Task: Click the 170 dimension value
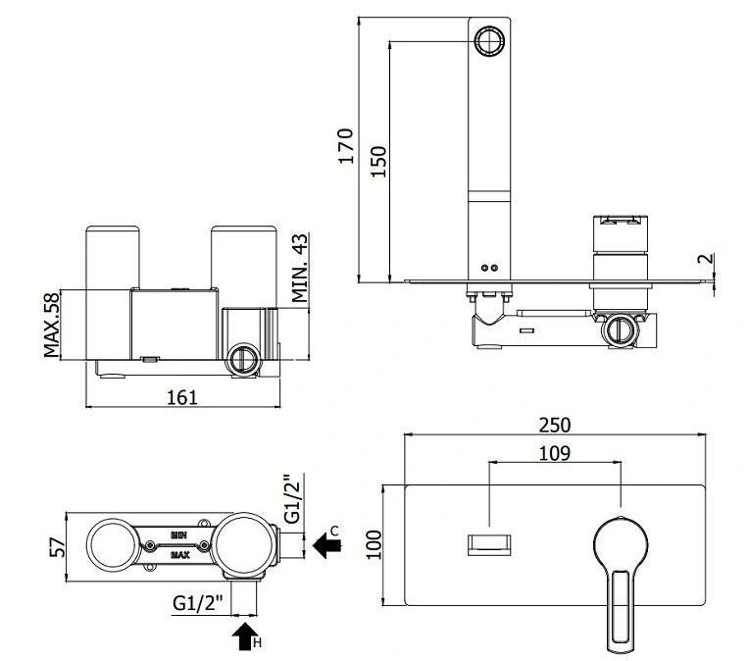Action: pos(346,146)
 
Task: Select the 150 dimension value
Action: pos(378,162)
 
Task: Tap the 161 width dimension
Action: pos(182,397)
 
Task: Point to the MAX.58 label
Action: pos(52,325)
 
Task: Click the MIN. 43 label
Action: pos(300,268)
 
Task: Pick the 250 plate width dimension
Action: pos(555,425)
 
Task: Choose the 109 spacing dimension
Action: pos(555,453)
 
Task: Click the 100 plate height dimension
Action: pos(374,545)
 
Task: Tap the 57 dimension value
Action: pos(57,547)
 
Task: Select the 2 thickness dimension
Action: pos(706,259)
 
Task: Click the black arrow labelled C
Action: pos(327,545)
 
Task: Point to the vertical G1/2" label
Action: pos(292,498)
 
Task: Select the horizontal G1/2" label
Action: pos(198,603)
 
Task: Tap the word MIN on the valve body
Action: pos(178,535)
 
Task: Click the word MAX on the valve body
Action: pos(180,555)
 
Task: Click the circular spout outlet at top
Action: pos(489,40)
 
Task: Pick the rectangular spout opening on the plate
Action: pos(489,545)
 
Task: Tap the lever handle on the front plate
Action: pos(621,585)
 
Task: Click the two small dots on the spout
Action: pos(489,268)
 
